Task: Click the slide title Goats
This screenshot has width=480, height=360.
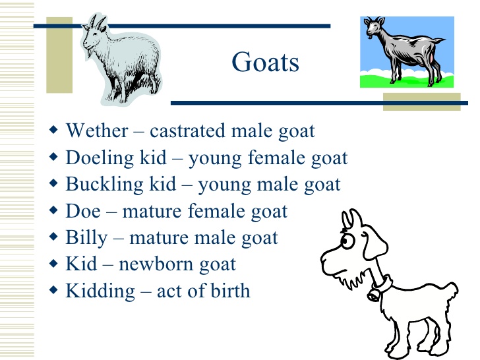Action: tap(265, 62)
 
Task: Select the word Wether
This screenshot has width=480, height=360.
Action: tap(97, 131)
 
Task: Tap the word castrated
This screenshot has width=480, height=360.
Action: tap(188, 131)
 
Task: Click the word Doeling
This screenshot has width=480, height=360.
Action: tap(100, 159)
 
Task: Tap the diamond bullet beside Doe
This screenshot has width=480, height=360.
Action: tap(53, 210)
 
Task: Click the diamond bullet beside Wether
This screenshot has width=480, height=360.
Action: tap(53, 129)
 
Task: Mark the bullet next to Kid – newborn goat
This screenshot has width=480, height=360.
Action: tap(53, 263)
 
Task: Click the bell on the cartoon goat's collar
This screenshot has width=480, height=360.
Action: tap(373, 295)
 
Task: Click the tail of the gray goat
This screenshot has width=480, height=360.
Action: tap(438, 40)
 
